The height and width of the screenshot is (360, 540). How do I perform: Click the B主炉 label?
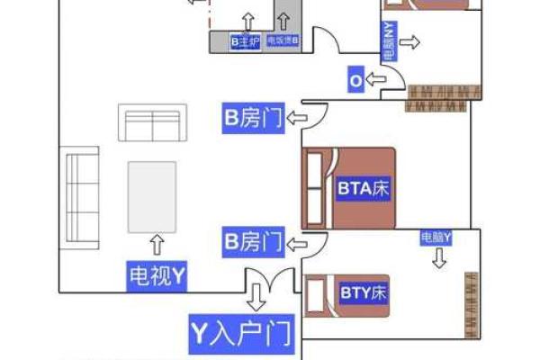click(x=245, y=41)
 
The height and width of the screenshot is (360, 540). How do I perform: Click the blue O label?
click(x=355, y=81)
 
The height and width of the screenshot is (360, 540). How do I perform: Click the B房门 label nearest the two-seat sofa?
click(x=254, y=117)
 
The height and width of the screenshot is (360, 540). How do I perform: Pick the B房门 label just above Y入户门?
click(x=254, y=241)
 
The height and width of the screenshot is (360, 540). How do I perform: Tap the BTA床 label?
click(x=364, y=189)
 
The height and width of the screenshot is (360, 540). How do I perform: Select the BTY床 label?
click(x=363, y=292)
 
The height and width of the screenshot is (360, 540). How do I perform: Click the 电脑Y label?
click(x=436, y=238)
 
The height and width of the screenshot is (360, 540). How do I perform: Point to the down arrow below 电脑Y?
click(x=438, y=259)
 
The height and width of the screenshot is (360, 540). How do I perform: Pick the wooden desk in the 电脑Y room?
click(x=470, y=301)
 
